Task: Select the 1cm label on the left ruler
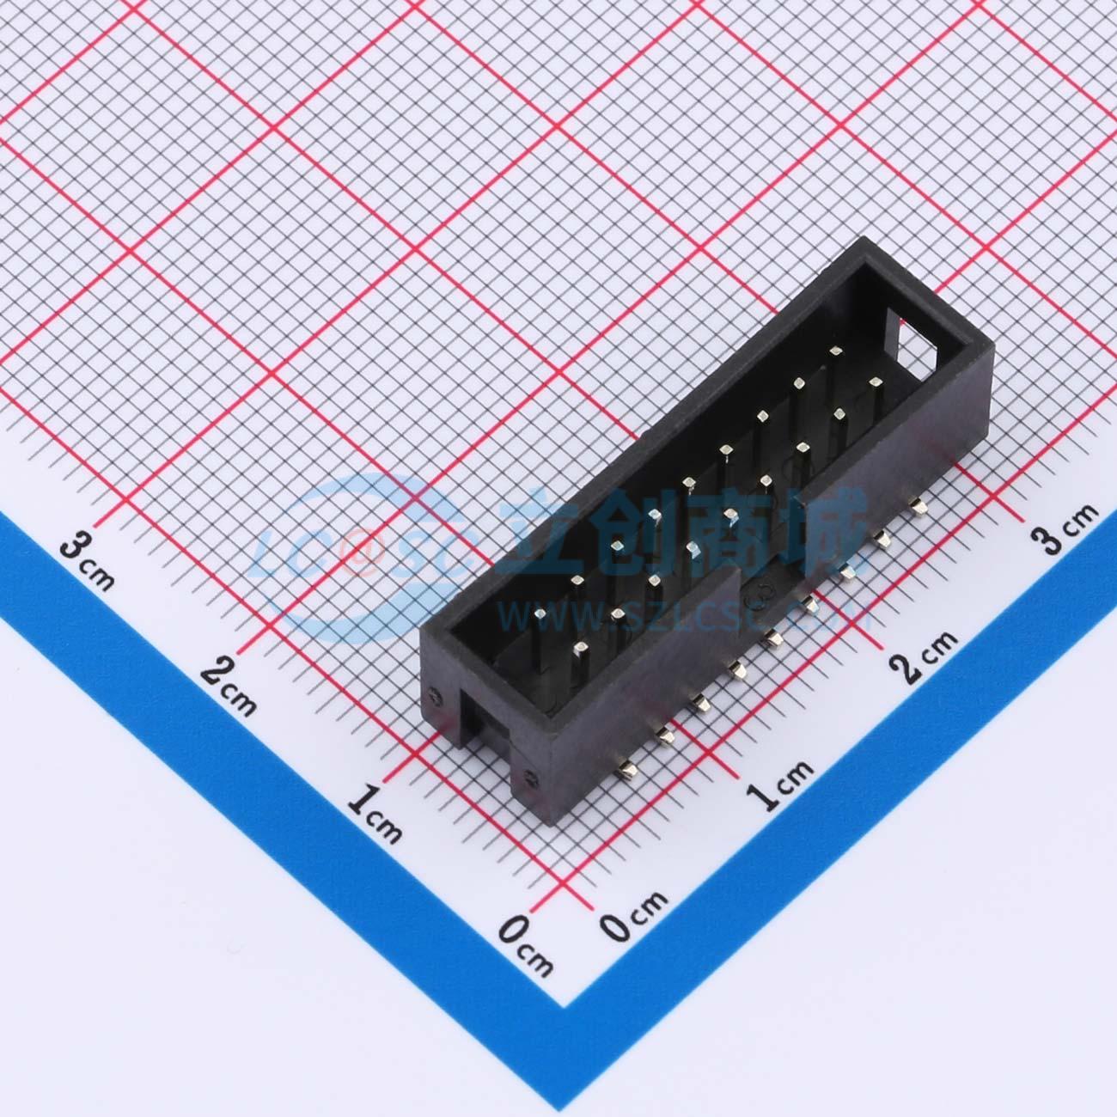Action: [375, 813]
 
